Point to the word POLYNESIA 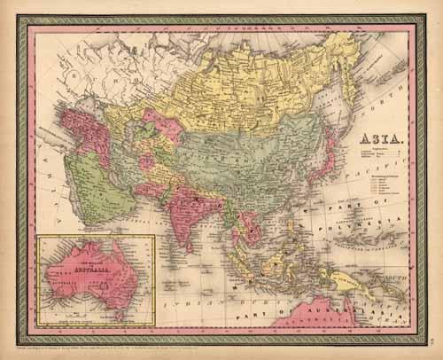click(x=378, y=214)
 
